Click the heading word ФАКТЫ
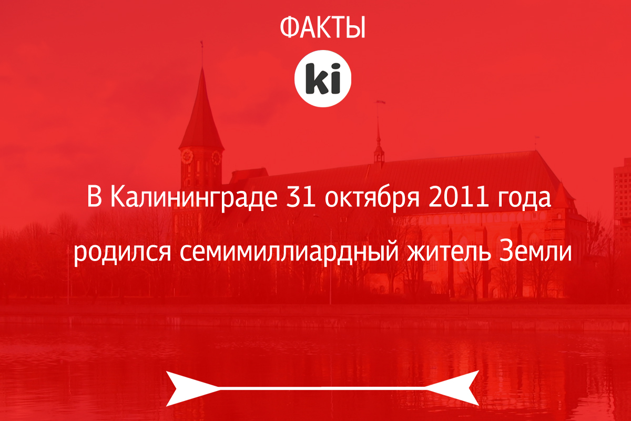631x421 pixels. click(323, 27)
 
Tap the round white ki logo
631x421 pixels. click(323, 78)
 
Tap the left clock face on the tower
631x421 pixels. click(187, 156)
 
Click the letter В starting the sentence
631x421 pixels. click(94, 197)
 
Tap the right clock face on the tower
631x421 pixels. click(216, 158)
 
